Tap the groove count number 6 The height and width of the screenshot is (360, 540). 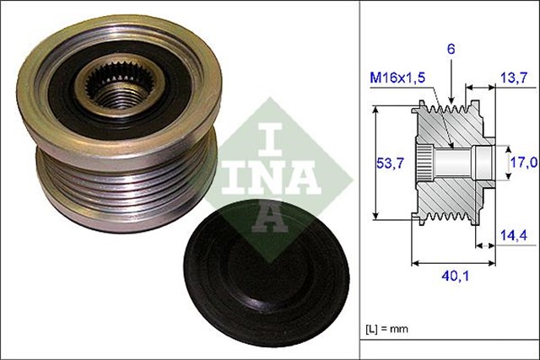[451, 50]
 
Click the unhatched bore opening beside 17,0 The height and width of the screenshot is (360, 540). [481, 159]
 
